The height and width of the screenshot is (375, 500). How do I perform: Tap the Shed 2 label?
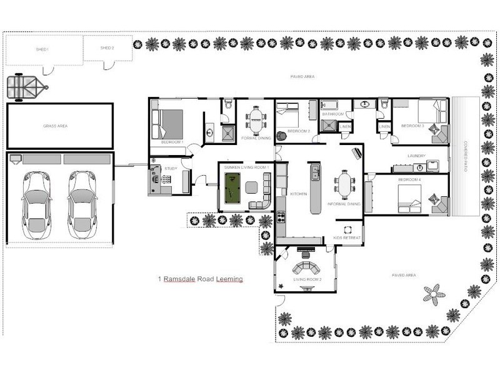click(107, 48)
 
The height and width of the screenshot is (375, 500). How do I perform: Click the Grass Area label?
click(55, 126)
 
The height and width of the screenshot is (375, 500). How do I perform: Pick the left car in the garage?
click(36, 204)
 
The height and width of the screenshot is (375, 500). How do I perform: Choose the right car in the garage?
click(82, 204)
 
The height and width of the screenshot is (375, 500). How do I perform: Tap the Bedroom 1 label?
click(172, 142)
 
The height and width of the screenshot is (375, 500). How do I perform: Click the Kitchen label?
click(299, 194)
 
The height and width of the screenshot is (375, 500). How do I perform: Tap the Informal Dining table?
click(343, 185)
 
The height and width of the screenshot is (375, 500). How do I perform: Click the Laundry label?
click(416, 156)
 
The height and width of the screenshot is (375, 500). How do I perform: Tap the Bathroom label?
click(333, 114)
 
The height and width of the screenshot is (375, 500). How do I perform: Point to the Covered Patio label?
click(466, 155)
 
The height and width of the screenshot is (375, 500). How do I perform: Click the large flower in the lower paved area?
click(434, 292)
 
